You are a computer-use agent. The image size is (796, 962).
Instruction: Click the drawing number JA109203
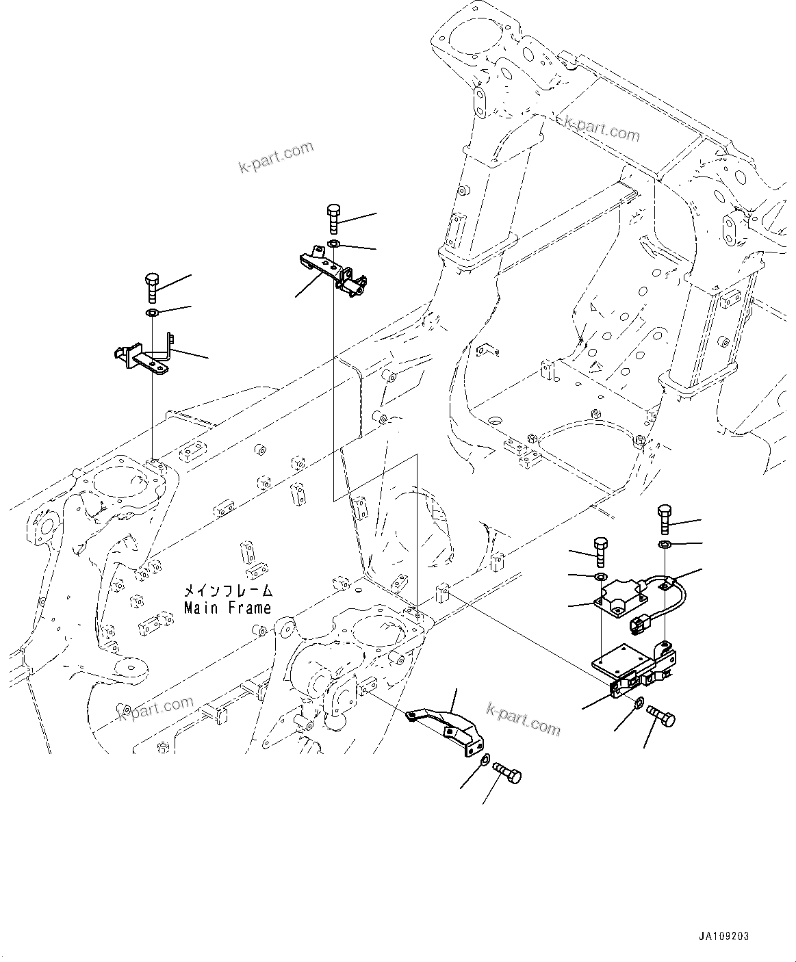point(724,936)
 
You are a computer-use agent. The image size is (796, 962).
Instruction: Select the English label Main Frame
point(227,608)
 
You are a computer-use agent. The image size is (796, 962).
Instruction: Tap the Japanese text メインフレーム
point(227,590)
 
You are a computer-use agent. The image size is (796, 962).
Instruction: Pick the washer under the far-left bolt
point(152,313)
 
